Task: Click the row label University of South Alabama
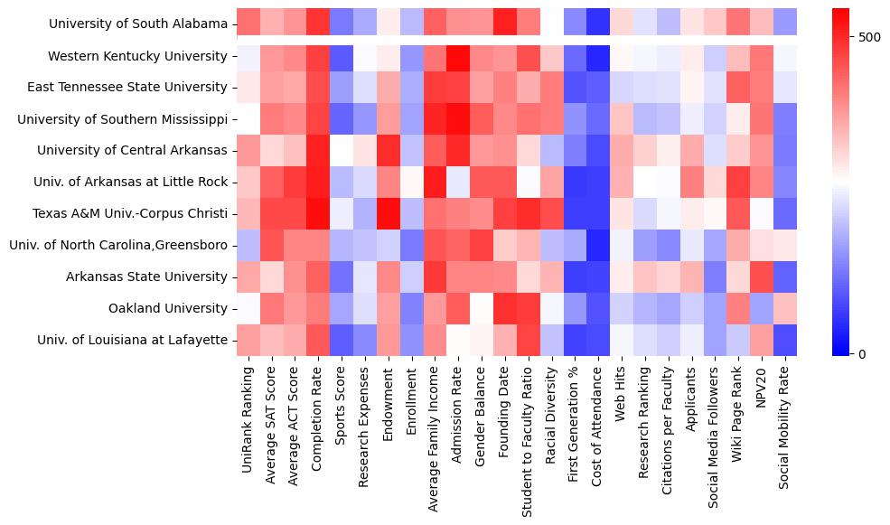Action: coord(138,23)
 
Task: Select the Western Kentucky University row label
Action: coord(137,56)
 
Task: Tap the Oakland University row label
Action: coord(167,309)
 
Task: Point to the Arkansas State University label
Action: coord(146,277)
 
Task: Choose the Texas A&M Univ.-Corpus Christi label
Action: coord(134,213)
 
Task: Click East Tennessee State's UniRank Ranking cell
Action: coord(248,87)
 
